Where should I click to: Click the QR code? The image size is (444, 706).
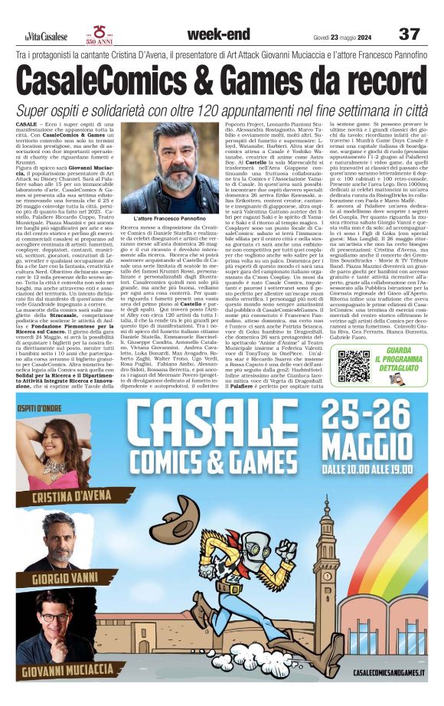(354, 366)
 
